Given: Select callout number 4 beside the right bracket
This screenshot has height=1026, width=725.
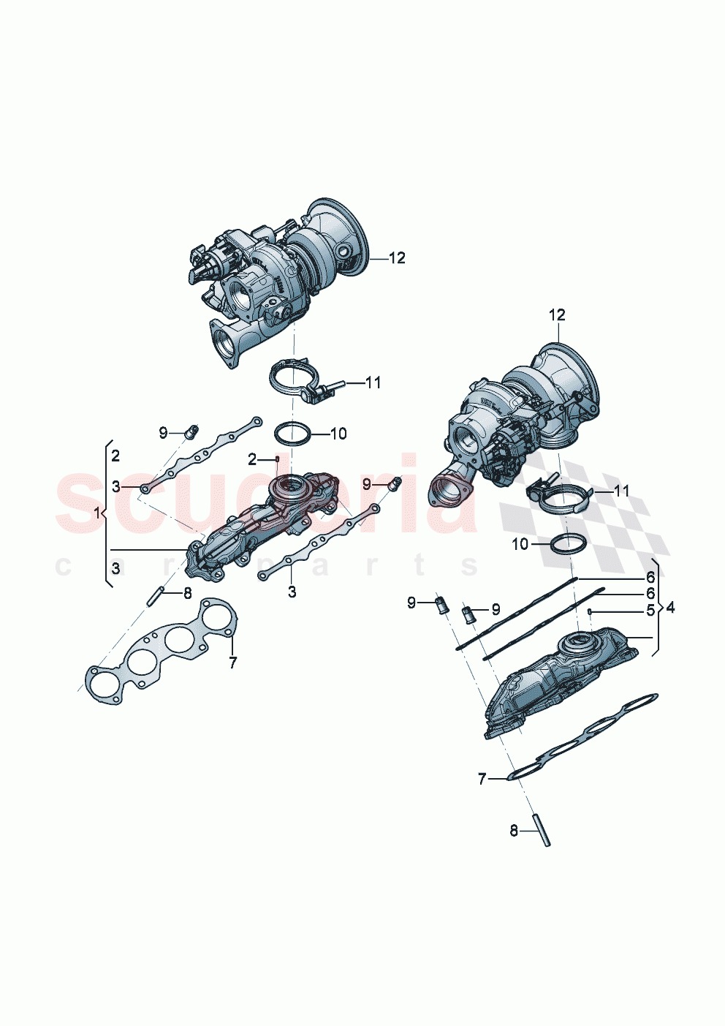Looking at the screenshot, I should point(670,608).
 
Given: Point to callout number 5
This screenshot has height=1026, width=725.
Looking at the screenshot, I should point(650,611).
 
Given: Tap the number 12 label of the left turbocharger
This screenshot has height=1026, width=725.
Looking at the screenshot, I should point(397,258).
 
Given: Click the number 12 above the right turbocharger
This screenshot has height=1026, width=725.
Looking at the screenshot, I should point(557,315).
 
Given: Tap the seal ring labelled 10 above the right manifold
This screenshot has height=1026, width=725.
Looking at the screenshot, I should point(567,544).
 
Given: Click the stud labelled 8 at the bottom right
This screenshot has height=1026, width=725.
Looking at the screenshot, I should point(542,831).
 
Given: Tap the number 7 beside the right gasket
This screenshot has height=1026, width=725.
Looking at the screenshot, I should point(482,780).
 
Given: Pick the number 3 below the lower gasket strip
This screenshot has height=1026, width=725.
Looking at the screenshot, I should point(292,592).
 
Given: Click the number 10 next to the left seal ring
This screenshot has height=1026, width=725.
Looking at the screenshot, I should point(338,434).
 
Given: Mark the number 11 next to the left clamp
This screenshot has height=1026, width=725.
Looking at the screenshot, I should point(373,382).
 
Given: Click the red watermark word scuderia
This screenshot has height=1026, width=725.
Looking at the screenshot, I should point(267,497).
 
